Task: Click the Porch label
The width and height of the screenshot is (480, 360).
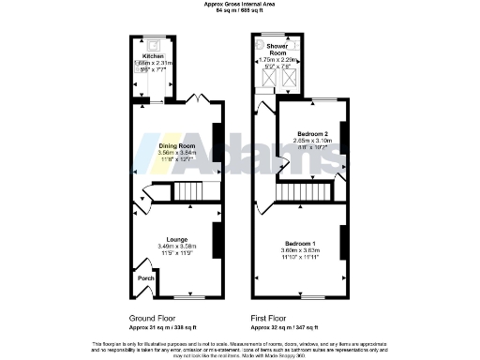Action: pos(146,278)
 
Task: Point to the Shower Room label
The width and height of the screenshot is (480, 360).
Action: pos(277,49)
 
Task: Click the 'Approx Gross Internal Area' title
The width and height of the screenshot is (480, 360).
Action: pos(239,4)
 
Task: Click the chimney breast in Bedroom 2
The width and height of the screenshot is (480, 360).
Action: pos(344,138)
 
